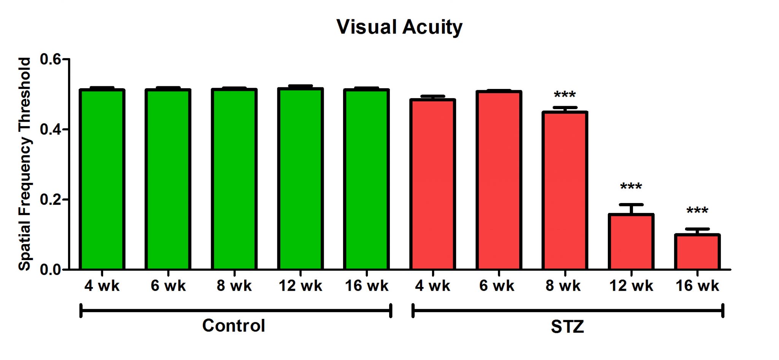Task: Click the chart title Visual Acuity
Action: (x=399, y=27)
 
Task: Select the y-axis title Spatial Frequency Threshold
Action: (x=25, y=164)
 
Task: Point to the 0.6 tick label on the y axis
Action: (x=50, y=60)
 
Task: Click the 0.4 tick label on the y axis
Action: (x=50, y=130)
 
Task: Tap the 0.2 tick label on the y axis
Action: (x=50, y=200)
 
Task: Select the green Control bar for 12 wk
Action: (x=300, y=179)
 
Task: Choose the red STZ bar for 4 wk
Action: (x=433, y=184)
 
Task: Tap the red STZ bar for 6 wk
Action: (x=499, y=181)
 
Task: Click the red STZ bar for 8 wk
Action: (x=565, y=190)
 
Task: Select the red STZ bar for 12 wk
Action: (x=631, y=242)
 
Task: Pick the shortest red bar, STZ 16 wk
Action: (x=697, y=252)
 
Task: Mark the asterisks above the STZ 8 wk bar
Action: (x=565, y=94)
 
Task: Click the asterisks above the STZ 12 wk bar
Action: (x=631, y=186)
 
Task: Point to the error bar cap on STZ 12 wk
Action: (x=631, y=205)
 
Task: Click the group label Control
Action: (x=234, y=326)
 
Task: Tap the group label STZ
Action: (x=568, y=327)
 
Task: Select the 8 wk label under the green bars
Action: (x=234, y=286)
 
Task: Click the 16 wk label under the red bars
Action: (x=697, y=286)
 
